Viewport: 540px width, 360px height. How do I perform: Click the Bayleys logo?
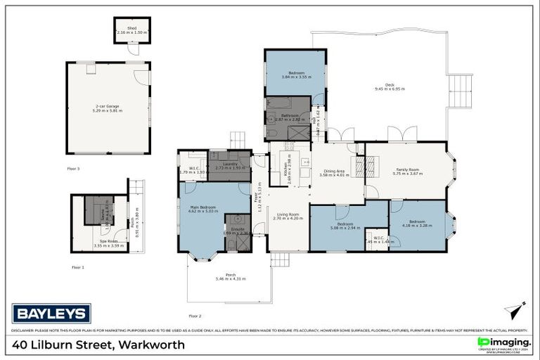point(51,314)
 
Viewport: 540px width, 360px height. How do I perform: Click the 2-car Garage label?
point(108,107)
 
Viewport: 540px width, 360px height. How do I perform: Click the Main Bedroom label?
point(203,207)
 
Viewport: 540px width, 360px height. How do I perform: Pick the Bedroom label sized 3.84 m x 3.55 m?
point(295,75)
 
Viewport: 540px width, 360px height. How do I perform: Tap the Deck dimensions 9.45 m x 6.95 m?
point(390,89)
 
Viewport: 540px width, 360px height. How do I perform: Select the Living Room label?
point(287,216)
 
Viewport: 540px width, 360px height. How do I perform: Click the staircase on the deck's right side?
point(461,90)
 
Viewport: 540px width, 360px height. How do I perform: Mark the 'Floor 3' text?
point(74,169)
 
